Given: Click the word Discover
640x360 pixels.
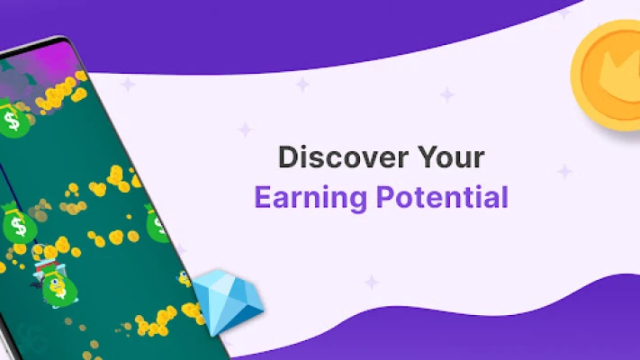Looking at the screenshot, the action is click(343, 157).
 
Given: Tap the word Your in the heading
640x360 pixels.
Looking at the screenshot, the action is click(452, 157).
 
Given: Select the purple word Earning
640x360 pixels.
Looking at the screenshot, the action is click(311, 199).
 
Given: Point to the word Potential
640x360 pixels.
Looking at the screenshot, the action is click(443, 197).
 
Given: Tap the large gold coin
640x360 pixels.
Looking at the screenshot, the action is click(606, 75).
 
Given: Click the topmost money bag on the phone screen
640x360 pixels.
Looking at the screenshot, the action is click(14, 119).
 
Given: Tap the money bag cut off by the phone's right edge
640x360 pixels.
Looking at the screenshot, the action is click(157, 224).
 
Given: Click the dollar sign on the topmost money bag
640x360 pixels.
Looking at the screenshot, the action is click(11, 121).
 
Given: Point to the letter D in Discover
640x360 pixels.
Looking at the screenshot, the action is click(289, 157).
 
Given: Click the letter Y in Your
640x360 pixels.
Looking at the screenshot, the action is click(428, 157).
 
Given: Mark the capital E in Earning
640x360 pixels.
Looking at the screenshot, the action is click(263, 197).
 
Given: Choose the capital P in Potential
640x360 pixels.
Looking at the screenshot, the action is click(385, 197).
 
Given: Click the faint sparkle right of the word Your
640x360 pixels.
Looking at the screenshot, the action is click(565, 171).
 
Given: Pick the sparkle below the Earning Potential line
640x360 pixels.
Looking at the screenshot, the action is click(372, 282).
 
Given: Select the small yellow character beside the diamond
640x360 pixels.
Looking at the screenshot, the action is click(185, 279).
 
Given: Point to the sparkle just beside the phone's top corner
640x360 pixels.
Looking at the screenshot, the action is click(128, 85).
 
